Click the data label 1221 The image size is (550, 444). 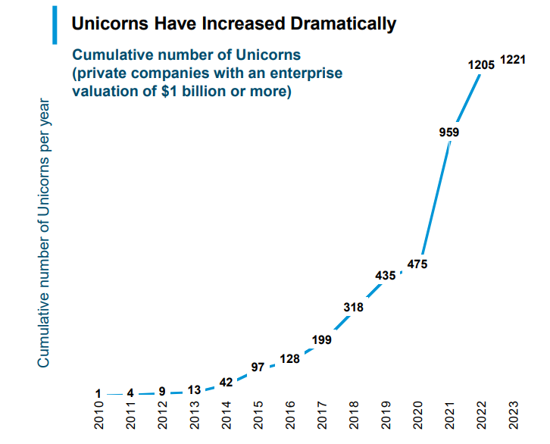pos(512,60)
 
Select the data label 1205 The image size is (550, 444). pos(481,65)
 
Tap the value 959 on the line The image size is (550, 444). pos(449,132)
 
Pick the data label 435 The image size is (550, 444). pos(386,276)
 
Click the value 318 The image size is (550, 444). pos(353,308)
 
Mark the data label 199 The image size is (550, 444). pos(321,340)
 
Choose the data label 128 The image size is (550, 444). pos(289,360)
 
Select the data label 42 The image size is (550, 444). pos(226,383)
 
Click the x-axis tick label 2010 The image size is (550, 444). pos(98,417)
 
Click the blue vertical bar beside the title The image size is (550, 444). pos(55,24)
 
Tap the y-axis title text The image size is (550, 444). pos(44,233)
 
